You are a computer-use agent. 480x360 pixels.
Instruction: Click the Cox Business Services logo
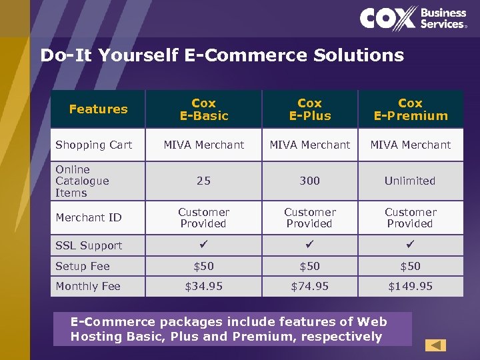click(x=413, y=18)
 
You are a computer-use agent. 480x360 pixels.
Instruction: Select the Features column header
click(x=98, y=109)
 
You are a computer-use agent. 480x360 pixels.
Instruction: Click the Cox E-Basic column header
click(x=203, y=109)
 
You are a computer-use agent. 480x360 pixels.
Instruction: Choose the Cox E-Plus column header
click(x=309, y=109)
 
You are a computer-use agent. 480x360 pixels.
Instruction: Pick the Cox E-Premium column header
click(x=410, y=109)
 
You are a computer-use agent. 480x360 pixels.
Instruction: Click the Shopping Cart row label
click(x=93, y=145)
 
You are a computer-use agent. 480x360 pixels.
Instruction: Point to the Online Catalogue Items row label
click(x=82, y=181)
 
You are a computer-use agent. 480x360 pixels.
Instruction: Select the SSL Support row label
click(x=89, y=245)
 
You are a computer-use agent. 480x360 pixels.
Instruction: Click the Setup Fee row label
click(x=82, y=266)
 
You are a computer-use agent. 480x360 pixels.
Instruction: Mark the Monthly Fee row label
click(x=88, y=286)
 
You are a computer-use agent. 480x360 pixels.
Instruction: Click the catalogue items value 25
click(x=203, y=181)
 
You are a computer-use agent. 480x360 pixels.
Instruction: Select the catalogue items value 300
click(x=309, y=181)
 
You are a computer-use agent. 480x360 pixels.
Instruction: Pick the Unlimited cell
click(x=410, y=181)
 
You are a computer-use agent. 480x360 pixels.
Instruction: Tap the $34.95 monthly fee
click(x=203, y=286)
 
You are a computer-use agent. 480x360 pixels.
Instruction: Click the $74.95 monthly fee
click(x=309, y=286)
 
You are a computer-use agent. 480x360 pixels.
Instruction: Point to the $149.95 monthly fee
click(x=410, y=286)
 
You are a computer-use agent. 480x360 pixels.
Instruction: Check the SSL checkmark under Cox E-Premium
click(x=410, y=245)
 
